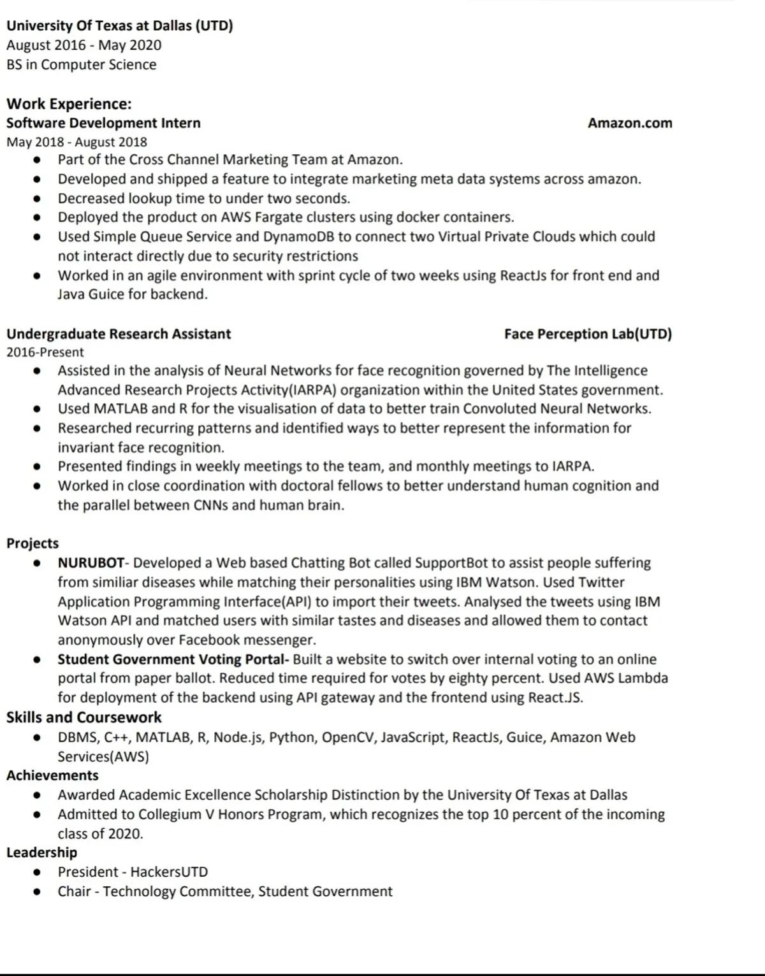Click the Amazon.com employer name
click(629, 123)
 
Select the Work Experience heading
click(69, 104)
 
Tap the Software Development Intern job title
click(103, 123)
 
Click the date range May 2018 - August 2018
click(76, 142)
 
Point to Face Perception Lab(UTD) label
click(588, 334)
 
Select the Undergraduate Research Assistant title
click(119, 334)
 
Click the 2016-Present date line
click(45, 352)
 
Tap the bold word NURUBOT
click(91, 563)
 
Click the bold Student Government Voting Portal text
click(172, 659)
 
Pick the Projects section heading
click(33, 543)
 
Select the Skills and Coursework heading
click(84, 717)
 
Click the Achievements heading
click(52, 775)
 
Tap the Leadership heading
click(41, 852)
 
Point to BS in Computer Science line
click(81, 64)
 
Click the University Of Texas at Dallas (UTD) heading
click(119, 25)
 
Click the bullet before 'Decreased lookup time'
click(38, 199)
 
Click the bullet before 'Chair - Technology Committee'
click(38, 892)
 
